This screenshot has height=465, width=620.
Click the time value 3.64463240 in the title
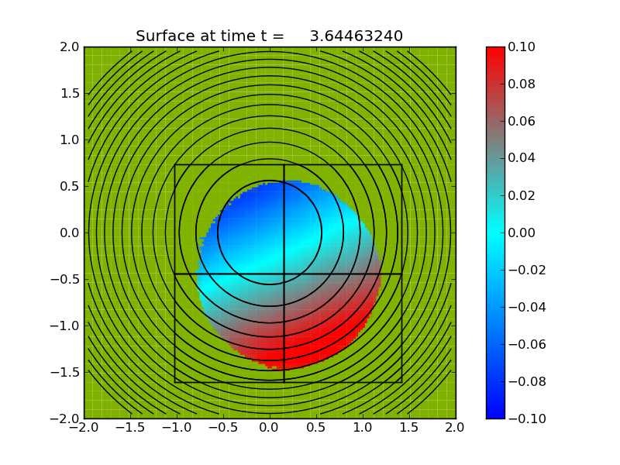pos(356,36)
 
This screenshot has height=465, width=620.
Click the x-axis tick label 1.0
pos(363,427)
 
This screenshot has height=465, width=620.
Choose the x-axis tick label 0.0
pos(270,427)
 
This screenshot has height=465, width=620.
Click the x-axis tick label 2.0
pos(456,427)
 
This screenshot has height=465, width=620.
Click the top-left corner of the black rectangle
pos(175,164)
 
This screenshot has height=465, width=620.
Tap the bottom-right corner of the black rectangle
pos(401,382)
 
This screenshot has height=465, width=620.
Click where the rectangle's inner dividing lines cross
pos(284,274)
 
